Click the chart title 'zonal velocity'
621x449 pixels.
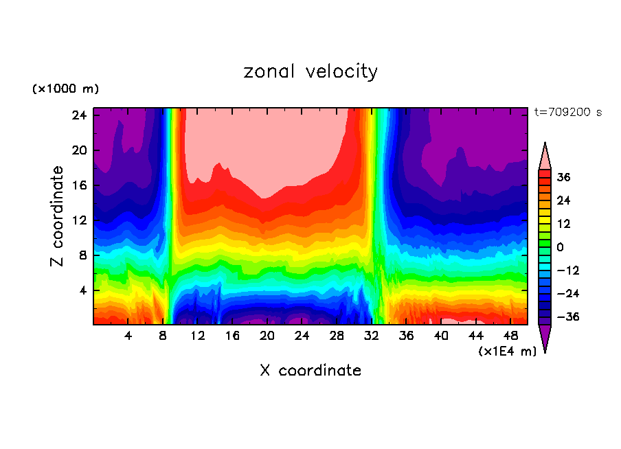coord(310,71)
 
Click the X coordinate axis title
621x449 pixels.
coord(310,371)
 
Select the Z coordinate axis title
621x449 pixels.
coord(58,216)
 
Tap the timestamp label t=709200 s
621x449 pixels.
coord(567,113)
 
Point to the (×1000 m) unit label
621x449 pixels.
coord(65,89)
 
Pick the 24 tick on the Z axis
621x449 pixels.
coord(80,115)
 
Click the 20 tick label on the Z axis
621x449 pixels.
coord(80,150)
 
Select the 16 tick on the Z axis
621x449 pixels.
coord(80,185)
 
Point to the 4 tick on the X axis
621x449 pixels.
coord(128,336)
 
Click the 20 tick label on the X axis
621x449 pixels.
coord(267,336)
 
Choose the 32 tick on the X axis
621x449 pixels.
coord(372,336)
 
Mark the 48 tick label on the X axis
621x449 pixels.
coord(510,336)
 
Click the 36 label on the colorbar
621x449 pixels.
coord(563,177)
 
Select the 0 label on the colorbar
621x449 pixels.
coord(560,247)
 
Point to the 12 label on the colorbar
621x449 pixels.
coord(563,224)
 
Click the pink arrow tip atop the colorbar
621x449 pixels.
coord(545,154)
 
